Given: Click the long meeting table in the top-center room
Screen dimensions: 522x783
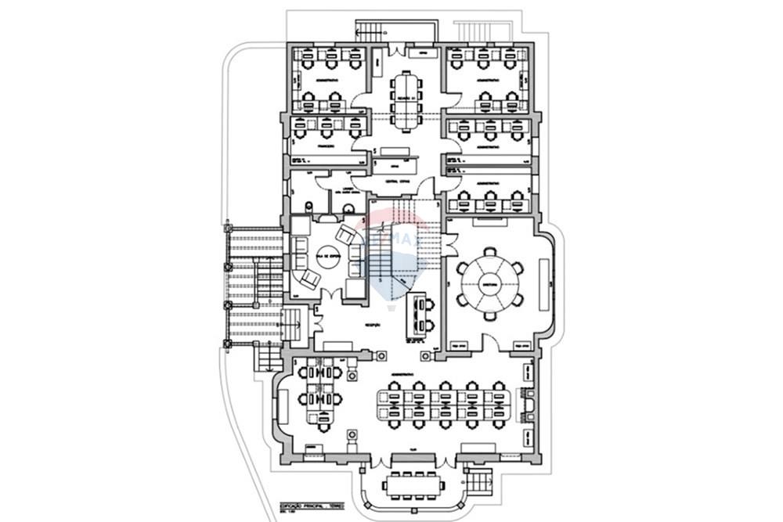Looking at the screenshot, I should click(x=405, y=99).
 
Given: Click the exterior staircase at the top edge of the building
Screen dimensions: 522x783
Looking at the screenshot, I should click(x=372, y=31).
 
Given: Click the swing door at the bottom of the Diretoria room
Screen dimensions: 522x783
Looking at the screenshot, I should click(x=492, y=341).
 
